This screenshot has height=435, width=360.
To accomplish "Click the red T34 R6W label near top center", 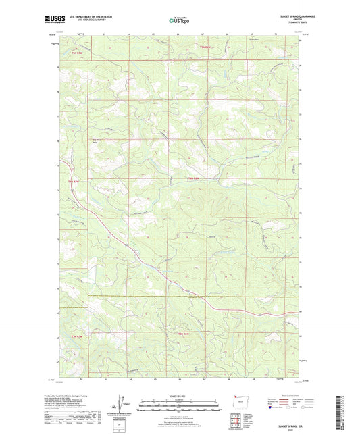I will [x=206, y=47].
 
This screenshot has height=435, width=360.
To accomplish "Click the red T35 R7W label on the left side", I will [x=75, y=182].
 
